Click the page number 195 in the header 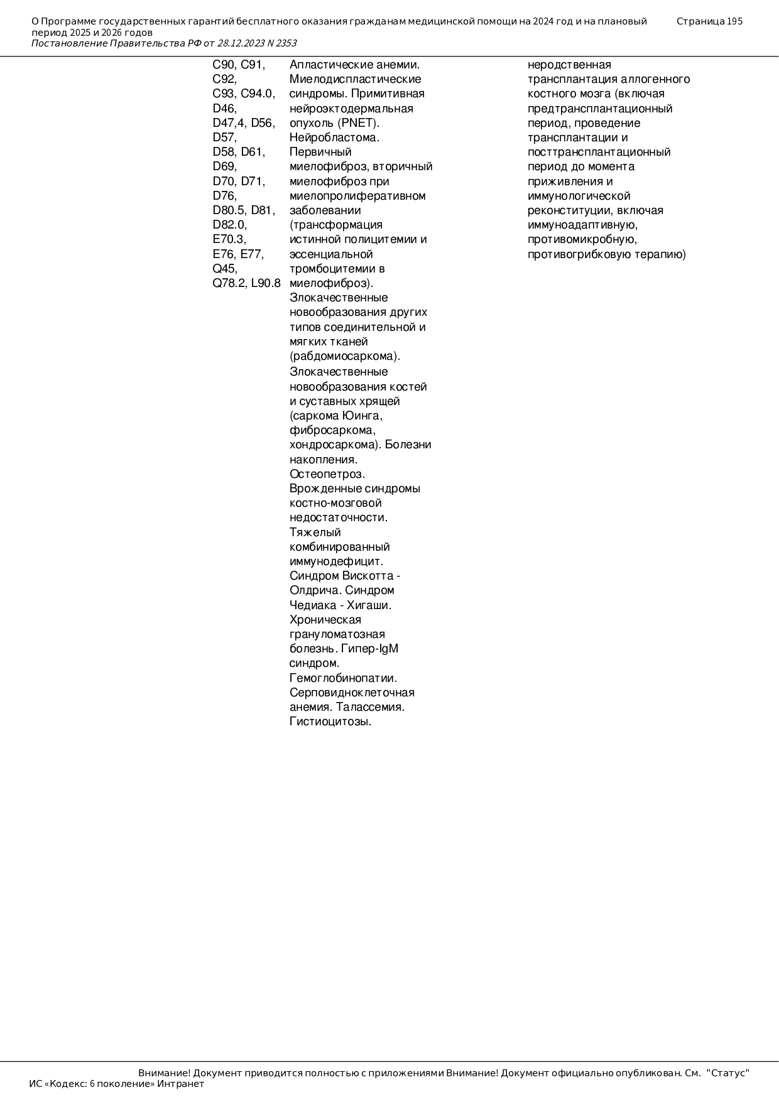click(734, 21)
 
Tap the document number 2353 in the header click(286, 43)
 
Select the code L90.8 click(266, 283)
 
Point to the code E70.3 click(229, 239)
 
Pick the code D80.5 click(229, 210)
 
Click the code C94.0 click(258, 94)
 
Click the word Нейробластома click(334, 138)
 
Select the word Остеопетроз click(327, 474)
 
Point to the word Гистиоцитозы click(330, 721)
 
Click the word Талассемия click(370, 707)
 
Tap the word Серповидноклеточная click(352, 693)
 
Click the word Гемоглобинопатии click(343, 678)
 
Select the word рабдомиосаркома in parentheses click(344, 356)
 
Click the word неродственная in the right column click(569, 65)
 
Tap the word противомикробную click(582, 239)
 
